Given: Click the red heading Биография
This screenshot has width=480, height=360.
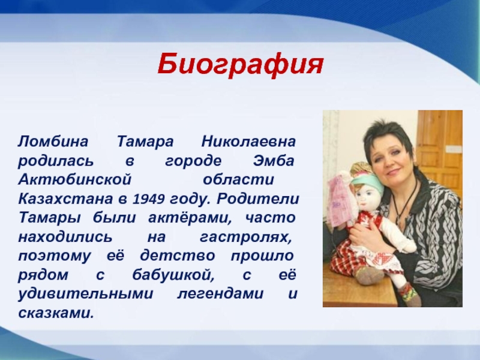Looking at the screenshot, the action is (241, 65).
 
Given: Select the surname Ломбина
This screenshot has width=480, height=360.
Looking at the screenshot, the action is (53, 142).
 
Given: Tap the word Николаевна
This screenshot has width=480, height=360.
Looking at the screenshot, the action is (248, 142).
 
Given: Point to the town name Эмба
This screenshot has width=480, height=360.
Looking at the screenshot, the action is (274, 161).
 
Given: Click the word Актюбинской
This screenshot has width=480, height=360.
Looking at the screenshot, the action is (75, 179).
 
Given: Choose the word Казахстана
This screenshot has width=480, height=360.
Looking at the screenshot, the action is (65, 199).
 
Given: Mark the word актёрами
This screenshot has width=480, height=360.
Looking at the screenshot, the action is (190, 218).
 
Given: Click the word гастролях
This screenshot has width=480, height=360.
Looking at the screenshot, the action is (245, 237).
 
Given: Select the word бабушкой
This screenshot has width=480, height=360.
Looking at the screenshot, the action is (173, 275).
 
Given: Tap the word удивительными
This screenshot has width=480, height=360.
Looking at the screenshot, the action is (85, 294).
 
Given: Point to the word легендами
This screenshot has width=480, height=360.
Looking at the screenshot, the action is (220, 294).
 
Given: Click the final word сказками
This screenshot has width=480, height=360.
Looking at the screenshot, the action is (56, 313).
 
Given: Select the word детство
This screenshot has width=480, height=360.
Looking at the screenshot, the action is (178, 256).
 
